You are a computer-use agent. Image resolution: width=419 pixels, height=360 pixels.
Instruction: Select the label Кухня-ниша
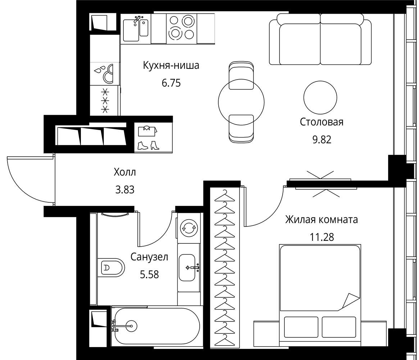(171, 66)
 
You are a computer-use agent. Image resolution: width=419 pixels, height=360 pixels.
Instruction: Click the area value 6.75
(171, 83)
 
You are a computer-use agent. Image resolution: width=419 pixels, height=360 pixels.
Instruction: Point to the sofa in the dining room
(320, 39)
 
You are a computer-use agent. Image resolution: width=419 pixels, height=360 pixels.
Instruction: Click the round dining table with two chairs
(241, 102)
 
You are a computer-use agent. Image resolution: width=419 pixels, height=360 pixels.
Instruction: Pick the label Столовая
(322, 122)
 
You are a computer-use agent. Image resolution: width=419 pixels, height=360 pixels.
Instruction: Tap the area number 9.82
(322, 139)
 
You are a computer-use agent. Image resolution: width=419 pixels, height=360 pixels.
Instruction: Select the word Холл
(125, 172)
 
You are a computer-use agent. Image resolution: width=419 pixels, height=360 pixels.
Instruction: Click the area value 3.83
(125, 190)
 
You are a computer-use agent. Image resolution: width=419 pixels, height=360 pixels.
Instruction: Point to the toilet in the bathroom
(111, 267)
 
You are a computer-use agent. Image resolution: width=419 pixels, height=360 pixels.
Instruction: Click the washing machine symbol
(189, 228)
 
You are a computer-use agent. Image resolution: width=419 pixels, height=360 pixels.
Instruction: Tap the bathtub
(155, 326)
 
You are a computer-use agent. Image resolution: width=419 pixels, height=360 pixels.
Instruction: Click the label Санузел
(149, 257)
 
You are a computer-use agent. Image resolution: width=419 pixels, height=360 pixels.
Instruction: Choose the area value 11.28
(322, 237)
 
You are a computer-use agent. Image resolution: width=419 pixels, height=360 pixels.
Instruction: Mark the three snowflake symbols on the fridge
(105, 101)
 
